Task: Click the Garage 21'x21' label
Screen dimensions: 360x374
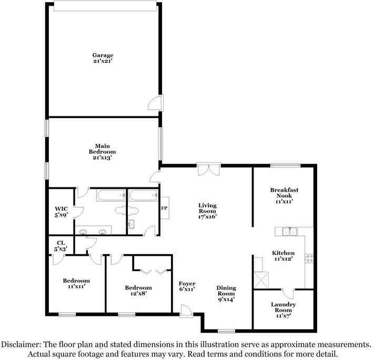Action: pyautogui.click(x=103, y=58)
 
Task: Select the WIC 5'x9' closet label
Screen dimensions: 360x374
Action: pyautogui.click(x=61, y=211)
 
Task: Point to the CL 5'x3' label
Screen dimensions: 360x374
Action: pyautogui.click(x=61, y=245)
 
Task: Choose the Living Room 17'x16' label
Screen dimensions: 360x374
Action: pyautogui.click(x=207, y=211)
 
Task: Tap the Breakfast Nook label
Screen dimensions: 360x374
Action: pyautogui.click(x=284, y=195)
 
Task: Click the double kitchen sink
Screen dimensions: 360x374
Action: pyautogui.click(x=289, y=231)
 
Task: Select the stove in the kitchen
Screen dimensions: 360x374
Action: pyautogui.click(x=309, y=258)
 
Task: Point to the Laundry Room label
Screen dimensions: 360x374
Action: pyautogui.click(x=283, y=307)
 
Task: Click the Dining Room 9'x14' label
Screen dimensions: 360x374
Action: pyautogui.click(x=226, y=293)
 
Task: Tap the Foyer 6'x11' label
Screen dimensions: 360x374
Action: pyautogui.click(x=187, y=287)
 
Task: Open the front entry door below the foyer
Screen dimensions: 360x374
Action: pyautogui.click(x=186, y=312)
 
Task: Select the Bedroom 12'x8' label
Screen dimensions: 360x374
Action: pyautogui.click(x=138, y=291)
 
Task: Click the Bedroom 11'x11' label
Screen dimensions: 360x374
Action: pyautogui.click(x=76, y=284)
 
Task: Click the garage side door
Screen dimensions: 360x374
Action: pyautogui.click(x=156, y=103)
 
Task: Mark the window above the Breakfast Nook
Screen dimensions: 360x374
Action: pyautogui.click(x=286, y=166)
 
